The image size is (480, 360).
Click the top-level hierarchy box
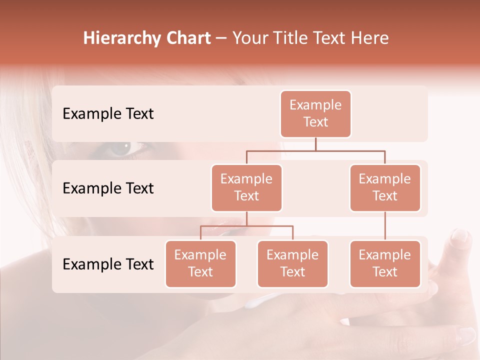(x=315, y=113)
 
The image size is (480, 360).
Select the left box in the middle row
(x=246, y=187)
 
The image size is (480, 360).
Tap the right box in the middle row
(x=385, y=187)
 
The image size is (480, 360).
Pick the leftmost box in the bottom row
(x=200, y=263)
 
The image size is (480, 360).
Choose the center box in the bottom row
(x=292, y=263)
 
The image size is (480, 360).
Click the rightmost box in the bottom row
(x=385, y=263)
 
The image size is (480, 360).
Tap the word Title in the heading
(x=286, y=38)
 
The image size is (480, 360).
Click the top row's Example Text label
(x=108, y=114)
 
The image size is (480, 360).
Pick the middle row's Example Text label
(x=108, y=188)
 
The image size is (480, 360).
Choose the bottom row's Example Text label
(x=108, y=264)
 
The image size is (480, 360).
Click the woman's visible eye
(x=124, y=148)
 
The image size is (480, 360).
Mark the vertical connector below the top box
(x=315, y=144)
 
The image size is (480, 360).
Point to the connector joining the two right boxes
(x=385, y=226)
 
